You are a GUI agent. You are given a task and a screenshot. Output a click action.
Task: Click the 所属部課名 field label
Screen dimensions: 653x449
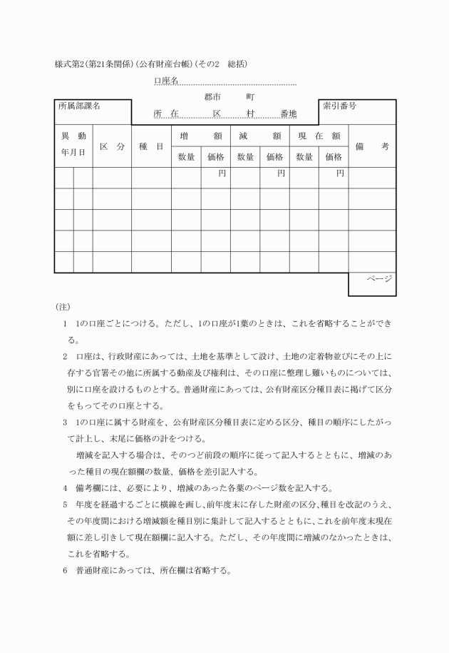(79, 106)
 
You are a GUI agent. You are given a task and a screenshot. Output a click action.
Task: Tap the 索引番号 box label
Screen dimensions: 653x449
(340, 106)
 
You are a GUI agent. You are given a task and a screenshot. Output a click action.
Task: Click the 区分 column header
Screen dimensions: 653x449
(112, 146)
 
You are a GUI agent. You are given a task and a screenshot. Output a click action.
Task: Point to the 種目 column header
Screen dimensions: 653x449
(151, 146)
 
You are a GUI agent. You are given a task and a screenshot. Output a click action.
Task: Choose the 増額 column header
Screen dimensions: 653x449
(200, 136)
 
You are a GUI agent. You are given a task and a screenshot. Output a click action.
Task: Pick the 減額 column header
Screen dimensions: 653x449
(259, 136)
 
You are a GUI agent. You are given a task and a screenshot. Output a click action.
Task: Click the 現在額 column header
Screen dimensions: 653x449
(319, 136)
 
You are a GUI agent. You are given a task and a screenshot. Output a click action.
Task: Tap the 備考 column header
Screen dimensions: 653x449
(372, 146)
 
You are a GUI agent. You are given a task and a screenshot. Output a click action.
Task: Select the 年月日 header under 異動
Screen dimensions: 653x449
(73, 152)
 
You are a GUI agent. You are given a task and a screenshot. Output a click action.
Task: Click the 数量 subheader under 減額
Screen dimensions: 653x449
(245, 157)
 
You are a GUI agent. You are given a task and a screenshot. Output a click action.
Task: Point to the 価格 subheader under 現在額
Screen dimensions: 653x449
(334, 157)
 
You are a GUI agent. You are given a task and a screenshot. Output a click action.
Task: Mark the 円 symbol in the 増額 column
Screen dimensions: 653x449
(222, 173)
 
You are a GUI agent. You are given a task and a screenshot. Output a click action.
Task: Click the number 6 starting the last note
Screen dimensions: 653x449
(65, 571)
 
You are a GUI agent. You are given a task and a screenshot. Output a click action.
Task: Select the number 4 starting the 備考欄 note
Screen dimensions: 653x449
(65, 488)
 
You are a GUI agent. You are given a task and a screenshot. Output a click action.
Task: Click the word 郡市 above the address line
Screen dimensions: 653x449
(212, 96)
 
